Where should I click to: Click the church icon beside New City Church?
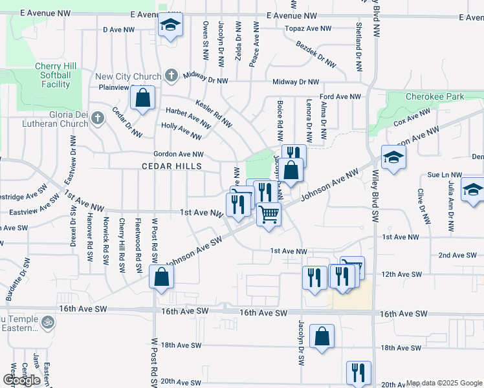point(171,75)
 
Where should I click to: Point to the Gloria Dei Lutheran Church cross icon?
point(97,118)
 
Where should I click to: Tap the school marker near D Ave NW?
point(171,25)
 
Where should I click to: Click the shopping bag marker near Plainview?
point(142,98)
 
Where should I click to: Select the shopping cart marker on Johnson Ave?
point(269,213)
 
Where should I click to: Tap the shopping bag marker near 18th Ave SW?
point(322,337)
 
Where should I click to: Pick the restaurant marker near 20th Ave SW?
point(358,372)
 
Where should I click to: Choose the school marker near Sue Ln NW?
point(473,189)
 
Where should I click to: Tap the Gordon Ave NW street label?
point(179,154)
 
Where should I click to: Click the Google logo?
point(22,380)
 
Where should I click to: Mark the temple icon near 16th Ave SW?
point(47,321)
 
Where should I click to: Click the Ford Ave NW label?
point(340,96)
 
